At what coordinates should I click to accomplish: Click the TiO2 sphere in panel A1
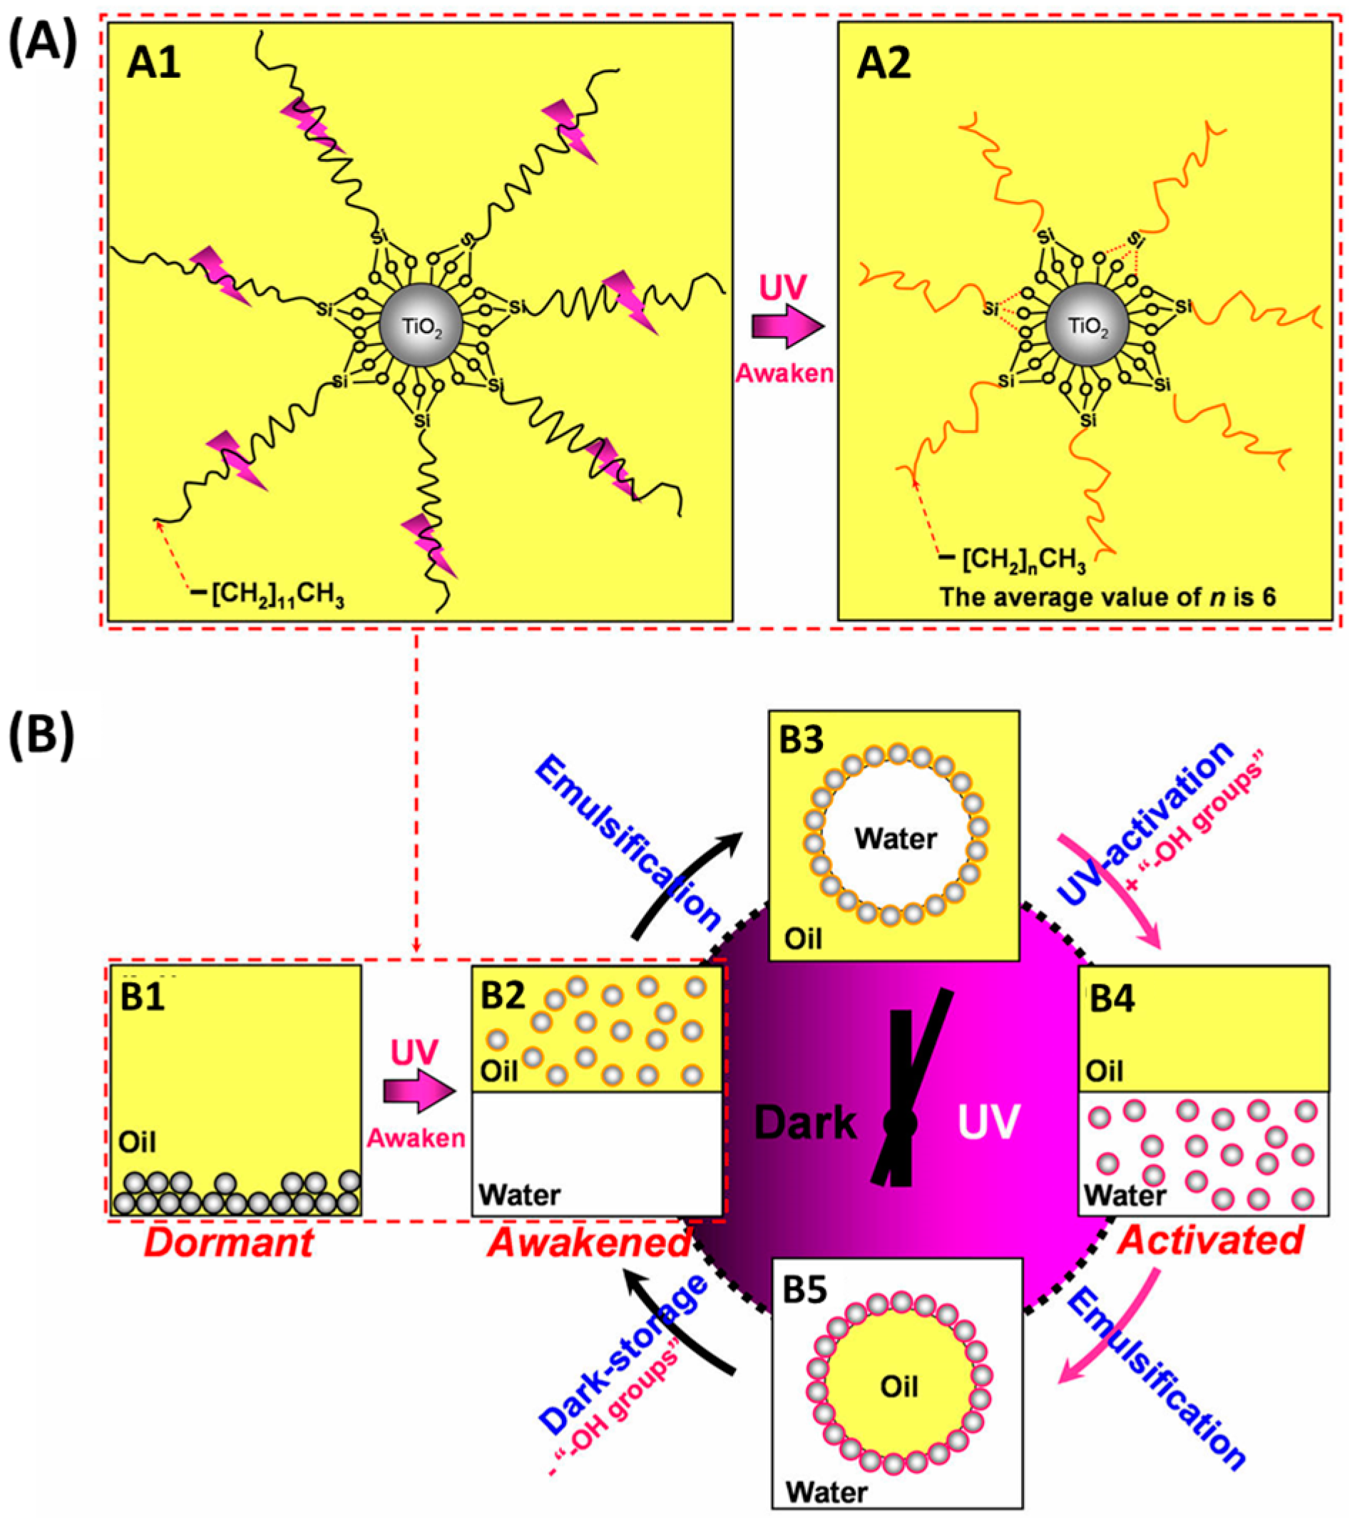point(421,324)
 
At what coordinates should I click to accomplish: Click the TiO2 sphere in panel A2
point(1087,324)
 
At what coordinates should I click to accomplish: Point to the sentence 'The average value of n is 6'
point(1107,596)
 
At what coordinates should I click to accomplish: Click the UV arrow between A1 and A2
point(788,326)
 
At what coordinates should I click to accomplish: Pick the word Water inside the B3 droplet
point(895,839)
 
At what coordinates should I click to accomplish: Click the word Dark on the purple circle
point(806,1123)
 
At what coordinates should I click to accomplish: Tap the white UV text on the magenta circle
point(988,1123)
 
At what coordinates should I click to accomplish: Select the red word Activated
point(1210,1240)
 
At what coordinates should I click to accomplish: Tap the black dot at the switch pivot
point(900,1123)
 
